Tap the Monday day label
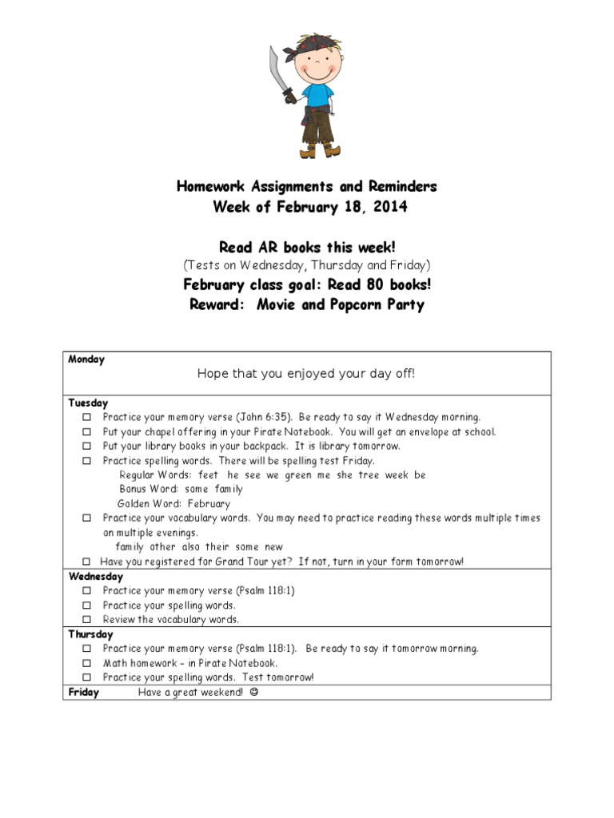point(86,359)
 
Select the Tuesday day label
point(88,403)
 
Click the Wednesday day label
point(96,576)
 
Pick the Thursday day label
point(91,634)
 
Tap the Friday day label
point(84,693)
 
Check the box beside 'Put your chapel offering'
point(86,432)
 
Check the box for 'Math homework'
point(86,663)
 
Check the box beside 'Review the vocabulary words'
point(86,620)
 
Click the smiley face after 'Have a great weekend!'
point(254,693)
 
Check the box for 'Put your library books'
point(86,447)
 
